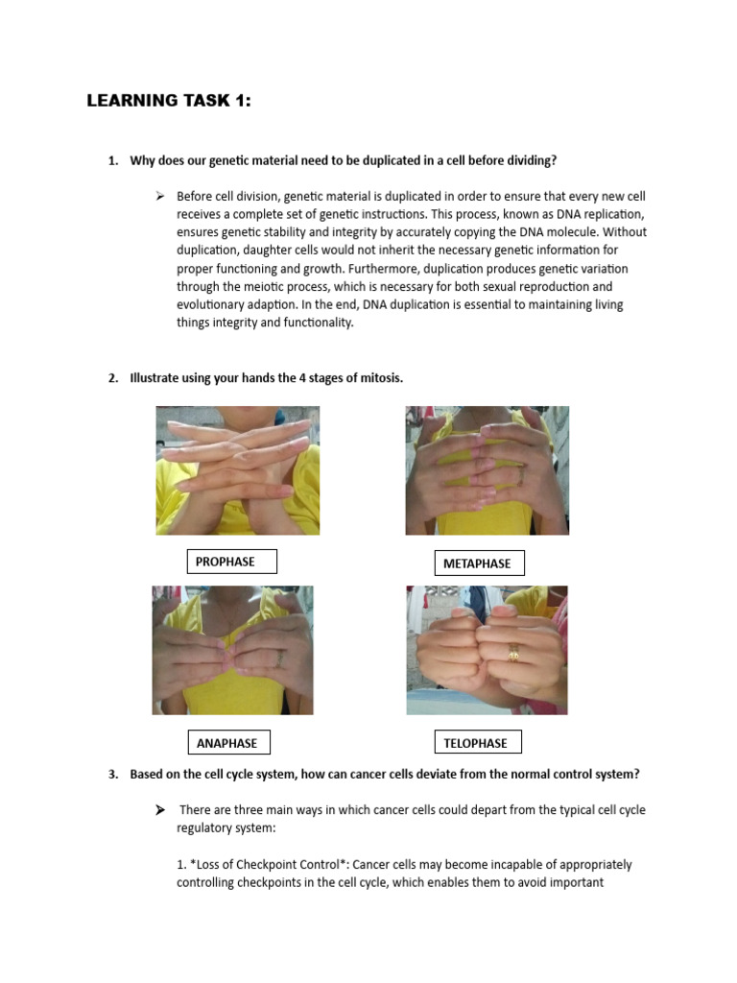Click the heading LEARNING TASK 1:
169,101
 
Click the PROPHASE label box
230,562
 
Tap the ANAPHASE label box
228,743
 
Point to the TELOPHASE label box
477,743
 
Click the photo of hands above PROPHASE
238,470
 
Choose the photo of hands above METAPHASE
487,470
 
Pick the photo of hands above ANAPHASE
232,650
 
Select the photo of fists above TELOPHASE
487,650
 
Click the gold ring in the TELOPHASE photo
514,654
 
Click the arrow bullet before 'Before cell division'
161,197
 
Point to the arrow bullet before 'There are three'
161,810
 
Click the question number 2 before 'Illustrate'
113,378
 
